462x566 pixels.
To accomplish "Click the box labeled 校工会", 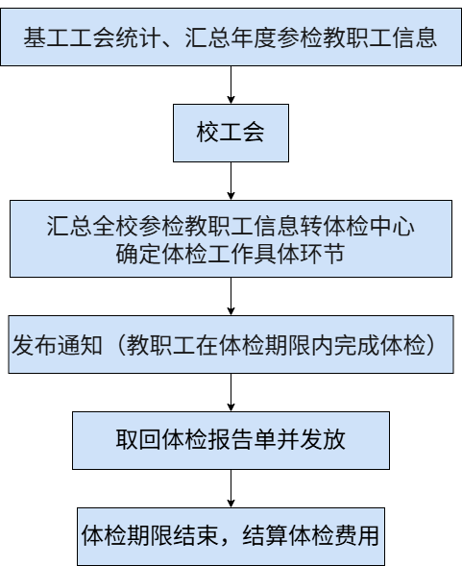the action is pyautogui.click(x=231, y=133).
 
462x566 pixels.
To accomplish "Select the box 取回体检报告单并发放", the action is pyautogui.click(x=231, y=440).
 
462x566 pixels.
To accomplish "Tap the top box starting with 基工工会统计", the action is pyautogui.click(x=231, y=37).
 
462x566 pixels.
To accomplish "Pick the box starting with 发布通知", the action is pyautogui.click(x=231, y=344).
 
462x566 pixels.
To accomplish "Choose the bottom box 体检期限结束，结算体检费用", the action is pyautogui.click(x=231, y=536).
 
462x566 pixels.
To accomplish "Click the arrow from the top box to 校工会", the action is pyautogui.click(x=231, y=85).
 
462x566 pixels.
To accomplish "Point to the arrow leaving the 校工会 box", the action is pyautogui.click(x=231, y=181).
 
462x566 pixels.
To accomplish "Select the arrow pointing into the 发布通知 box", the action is pyautogui.click(x=231, y=296).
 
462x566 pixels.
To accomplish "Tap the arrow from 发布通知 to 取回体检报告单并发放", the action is pyautogui.click(x=231, y=392).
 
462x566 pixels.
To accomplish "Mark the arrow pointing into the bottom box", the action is pyautogui.click(x=231, y=488).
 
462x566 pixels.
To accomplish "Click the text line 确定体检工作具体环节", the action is pyautogui.click(x=231, y=254).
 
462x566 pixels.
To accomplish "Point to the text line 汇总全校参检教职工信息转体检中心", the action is pyautogui.click(x=231, y=227).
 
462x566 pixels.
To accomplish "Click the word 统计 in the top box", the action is pyautogui.click(x=138, y=37).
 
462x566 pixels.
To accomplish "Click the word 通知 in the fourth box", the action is pyautogui.click(x=80, y=345).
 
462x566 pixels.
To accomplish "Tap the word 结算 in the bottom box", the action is pyautogui.click(x=265, y=535).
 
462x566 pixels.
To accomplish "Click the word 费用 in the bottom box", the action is pyautogui.click(x=357, y=535).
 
